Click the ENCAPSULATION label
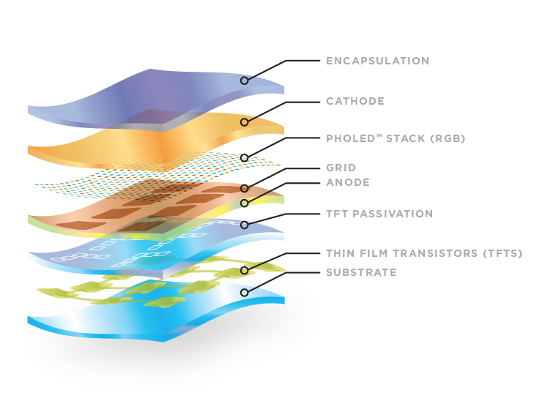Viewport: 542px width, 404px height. [x=377, y=61]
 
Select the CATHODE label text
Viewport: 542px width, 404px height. [x=355, y=101]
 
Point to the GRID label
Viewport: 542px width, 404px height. [x=341, y=168]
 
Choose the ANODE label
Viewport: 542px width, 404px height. [x=348, y=182]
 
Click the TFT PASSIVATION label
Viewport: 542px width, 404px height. [x=379, y=214]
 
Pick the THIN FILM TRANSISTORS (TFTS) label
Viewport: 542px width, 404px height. [x=424, y=253]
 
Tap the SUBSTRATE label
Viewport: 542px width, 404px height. [x=361, y=272]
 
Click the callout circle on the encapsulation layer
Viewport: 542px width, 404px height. [x=245, y=81]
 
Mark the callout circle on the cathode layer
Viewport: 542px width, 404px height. [x=245, y=121]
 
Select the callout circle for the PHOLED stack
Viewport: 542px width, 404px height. [x=245, y=157]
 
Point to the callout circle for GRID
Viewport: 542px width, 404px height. [x=245, y=188]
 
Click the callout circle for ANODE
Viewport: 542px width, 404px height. [x=245, y=203]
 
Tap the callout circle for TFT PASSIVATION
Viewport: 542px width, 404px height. [x=245, y=225]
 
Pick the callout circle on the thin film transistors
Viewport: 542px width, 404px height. [x=245, y=271]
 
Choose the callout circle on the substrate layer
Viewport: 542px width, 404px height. [x=245, y=292]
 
